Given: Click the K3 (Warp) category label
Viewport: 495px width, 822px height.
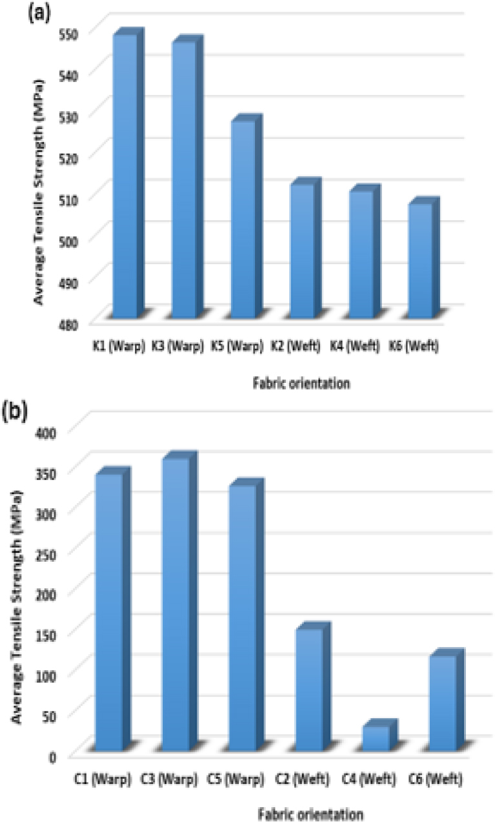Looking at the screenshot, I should [x=175, y=345].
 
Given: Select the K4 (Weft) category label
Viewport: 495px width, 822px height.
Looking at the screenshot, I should [x=357, y=345].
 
